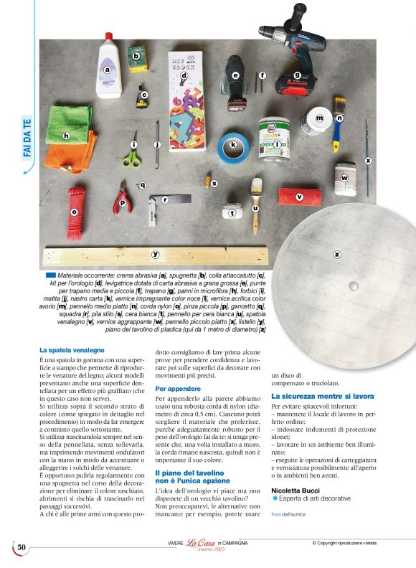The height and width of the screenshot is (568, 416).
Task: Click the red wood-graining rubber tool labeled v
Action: point(293,197)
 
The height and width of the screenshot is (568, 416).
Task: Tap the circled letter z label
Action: point(336,254)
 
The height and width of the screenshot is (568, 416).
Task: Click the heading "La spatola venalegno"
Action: point(73,350)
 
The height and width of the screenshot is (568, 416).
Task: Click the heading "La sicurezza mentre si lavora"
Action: point(323,395)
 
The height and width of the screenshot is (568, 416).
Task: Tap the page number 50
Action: point(22,548)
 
